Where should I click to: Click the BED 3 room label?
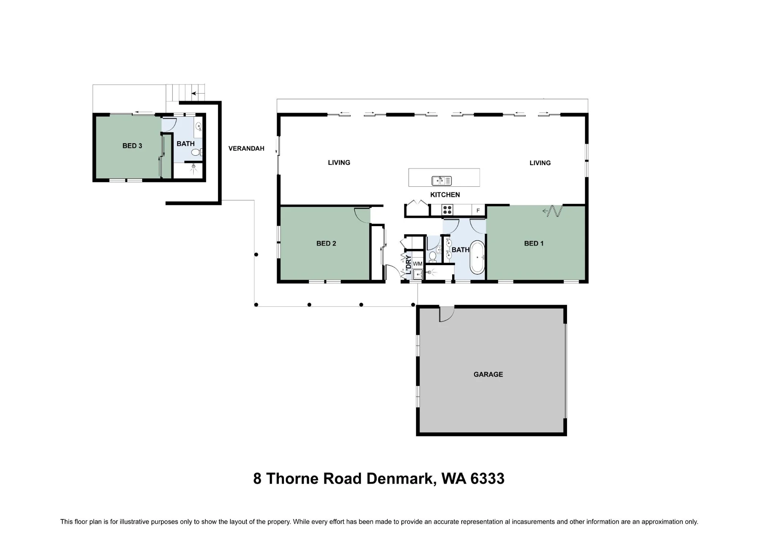pyautogui.click(x=132, y=146)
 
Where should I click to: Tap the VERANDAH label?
pyautogui.click(x=246, y=148)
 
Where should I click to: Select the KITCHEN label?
pyautogui.click(x=445, y=195)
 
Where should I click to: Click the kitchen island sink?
pyautogui.click(x=442, y=181)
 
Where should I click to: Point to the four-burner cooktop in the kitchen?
pyautogui.click(x=448, y=210)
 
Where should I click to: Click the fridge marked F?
pyautogui.click(x=478, y=210)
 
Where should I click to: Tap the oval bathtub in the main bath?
pyautogui.click(x=478, y=257)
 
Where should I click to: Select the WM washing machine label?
pyautogui.click(x=418, y=264)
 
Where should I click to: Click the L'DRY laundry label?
pyautogui.click(x=409, y=265)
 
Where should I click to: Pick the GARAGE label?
pyautogui.click(x=488, y=374)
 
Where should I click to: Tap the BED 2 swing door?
pyautogui.click(x=362, y=215)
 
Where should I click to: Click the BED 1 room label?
pyautogui.click(x=534, y=244)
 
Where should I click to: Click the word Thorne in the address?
pyautogui.click(x=292, y=479)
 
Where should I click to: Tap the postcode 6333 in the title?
pyautogui.click(x=487, y=479)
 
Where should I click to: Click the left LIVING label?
pyautogui.click(x=339, y=163)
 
